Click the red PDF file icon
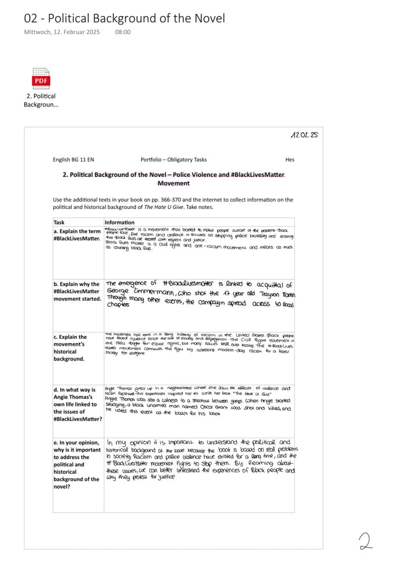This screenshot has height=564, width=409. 41,79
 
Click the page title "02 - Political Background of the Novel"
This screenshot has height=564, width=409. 124,19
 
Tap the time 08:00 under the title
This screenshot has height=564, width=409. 123,32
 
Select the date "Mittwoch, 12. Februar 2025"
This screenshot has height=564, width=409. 62,32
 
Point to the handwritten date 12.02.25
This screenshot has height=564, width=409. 305,135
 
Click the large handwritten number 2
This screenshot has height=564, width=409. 366,541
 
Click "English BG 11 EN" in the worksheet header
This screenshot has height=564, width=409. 74,160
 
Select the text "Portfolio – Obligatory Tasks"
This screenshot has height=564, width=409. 173,160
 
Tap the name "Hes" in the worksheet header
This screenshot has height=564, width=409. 289,160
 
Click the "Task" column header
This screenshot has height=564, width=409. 59,222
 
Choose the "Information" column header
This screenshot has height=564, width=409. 120,222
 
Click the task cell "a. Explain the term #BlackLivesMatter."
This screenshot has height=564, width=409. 78,235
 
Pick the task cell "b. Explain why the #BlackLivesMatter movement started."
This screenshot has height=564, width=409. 78,291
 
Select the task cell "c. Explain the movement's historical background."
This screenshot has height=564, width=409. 72,348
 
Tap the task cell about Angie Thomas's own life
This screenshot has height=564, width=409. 78,404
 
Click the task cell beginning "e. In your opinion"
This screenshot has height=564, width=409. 77,464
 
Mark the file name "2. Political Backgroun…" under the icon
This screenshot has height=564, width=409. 41,100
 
